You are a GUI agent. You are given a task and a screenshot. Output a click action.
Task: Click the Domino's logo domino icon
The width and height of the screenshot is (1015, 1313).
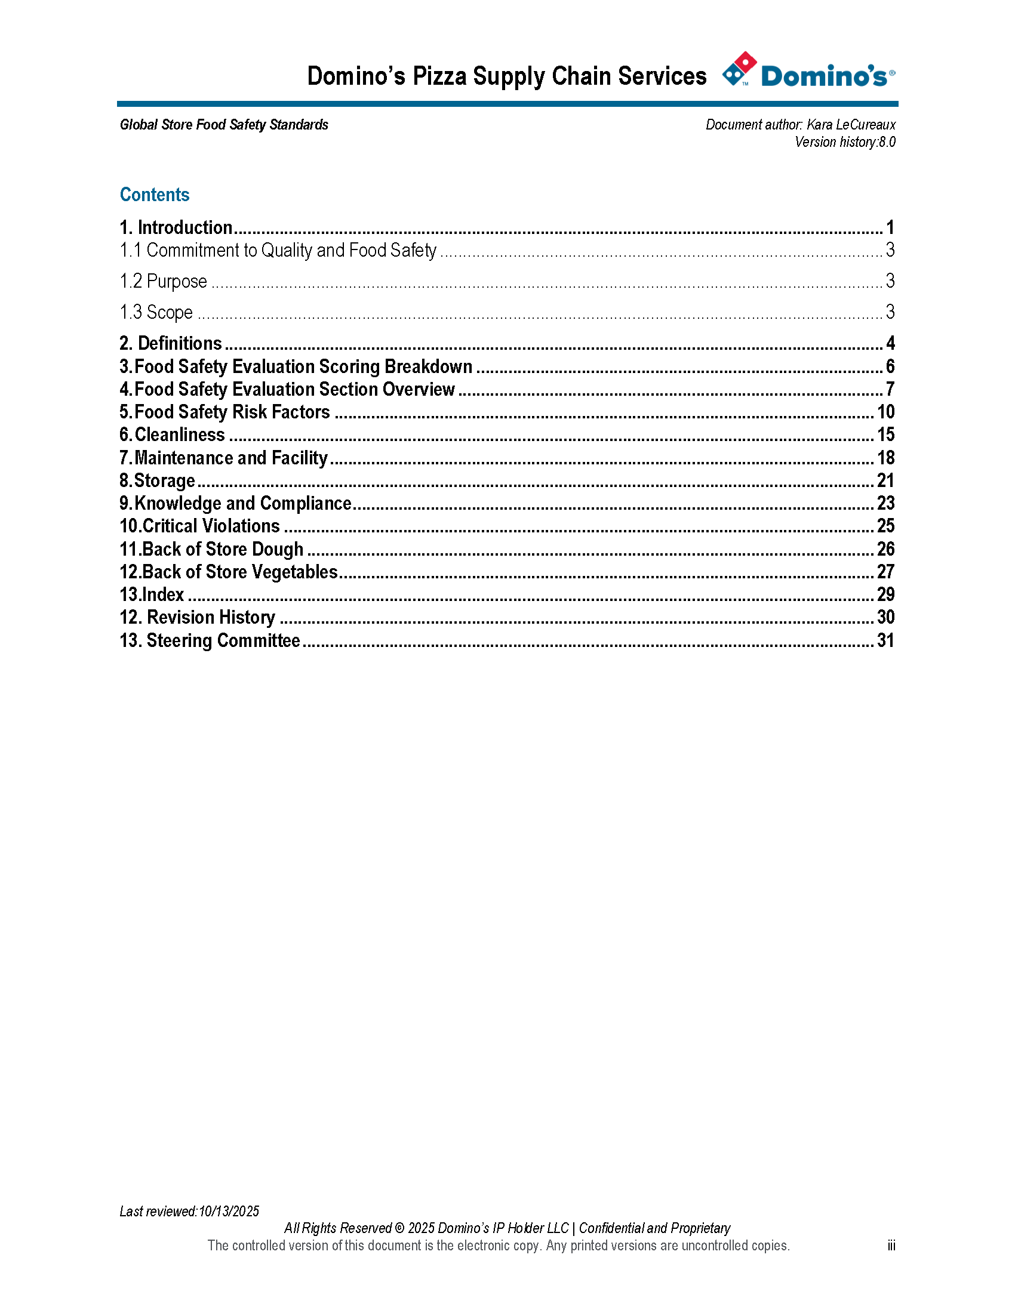pyautogui.click(x=739, y=69)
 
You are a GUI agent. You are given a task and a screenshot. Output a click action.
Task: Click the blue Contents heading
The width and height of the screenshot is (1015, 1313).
pyautogui.click(x=155, y=195)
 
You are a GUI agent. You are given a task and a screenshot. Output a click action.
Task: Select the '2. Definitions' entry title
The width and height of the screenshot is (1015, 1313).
pyautogui.click(x=171, y=343)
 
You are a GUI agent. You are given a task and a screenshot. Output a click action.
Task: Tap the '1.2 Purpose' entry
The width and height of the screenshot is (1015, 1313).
pyautogui.click(x=163, y=281)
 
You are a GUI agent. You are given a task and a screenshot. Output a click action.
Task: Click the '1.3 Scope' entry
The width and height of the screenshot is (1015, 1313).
pyautogui.click(x=156, y=312)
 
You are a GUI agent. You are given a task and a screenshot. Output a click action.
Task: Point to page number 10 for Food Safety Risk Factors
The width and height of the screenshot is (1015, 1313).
pyautogui.click(x=885, y=412)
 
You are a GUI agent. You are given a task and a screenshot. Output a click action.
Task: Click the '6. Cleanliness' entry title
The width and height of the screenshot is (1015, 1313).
pyautogui.click(x=172, y=434)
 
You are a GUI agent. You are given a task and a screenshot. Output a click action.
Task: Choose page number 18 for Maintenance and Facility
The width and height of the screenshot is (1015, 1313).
pyautogui.click(x=885, y=458)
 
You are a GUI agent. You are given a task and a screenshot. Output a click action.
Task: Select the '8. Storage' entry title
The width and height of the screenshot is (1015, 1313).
pyautogui.click(x=157, y=481)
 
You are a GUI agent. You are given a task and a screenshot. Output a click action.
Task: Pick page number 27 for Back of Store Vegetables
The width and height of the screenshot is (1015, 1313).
pyautogui.click(x=885, y=572)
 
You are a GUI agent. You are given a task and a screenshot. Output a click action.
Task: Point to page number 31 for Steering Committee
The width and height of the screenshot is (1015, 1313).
pyautogui.click(x=885, y=641)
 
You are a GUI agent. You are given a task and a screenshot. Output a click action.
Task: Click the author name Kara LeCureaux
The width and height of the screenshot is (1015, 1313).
pyautogui.click(x=851, y=125)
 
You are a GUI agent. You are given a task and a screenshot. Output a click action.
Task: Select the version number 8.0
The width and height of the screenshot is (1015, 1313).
pyautogui.click(x=887, y=142)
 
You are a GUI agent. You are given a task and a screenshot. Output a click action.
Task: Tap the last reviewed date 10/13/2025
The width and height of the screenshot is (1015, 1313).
pyautogui.click(x=229, y=1211)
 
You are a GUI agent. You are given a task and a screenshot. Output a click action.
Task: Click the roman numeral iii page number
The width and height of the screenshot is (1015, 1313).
pyautogui.click(x=891, y=1246)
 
